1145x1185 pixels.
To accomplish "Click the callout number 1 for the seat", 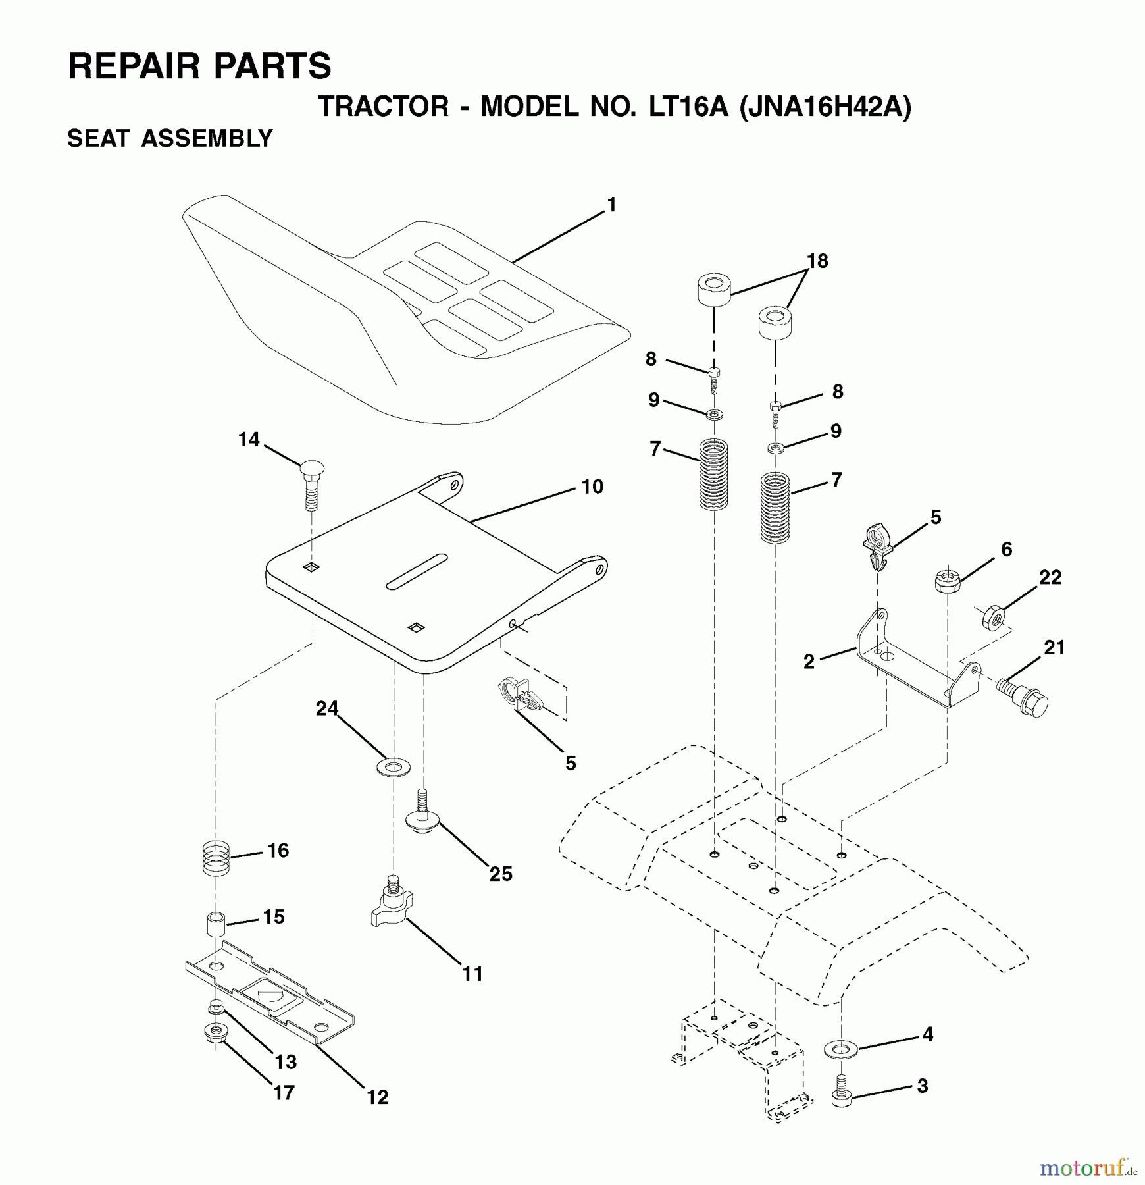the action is (x=612, y=205).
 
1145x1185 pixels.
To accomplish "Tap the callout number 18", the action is (x=817, y=261).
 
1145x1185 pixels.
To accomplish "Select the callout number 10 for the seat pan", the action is (x=592, y=487).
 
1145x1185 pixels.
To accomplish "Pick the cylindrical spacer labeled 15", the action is (x=216, y=924).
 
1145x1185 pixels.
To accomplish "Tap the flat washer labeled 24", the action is (x=393, y=766).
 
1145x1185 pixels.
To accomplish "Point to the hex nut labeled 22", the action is (x=994, y=618).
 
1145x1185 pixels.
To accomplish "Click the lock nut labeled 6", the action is (x=947, y=580).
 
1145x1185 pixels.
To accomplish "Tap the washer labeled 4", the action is (x=840, y=1049).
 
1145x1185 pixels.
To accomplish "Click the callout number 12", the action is (x=378, y=1097).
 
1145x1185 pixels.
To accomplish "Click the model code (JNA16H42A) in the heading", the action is (x=826, y=106).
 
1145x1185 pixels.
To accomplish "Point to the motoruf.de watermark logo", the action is (x=1088, y=1167).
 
